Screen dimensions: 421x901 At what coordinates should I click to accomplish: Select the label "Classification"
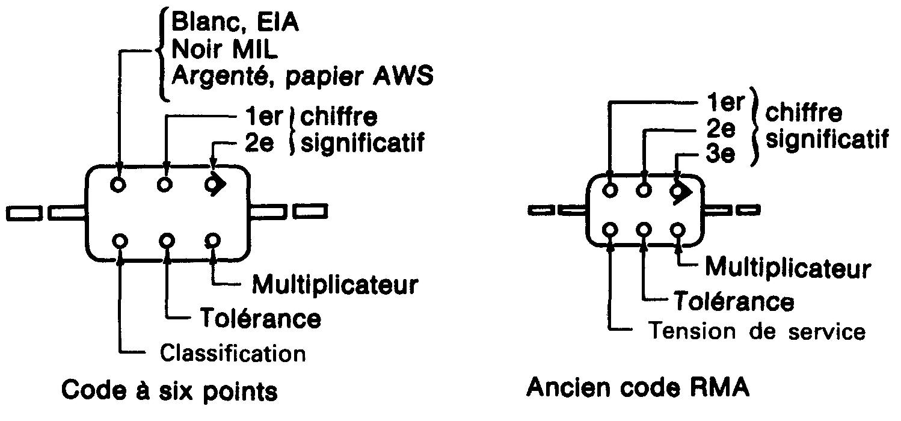coord(232,353)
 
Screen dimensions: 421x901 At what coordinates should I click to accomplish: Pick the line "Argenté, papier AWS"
coord(302,78)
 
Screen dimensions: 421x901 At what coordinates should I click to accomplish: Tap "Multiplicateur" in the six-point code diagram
coord(334,284)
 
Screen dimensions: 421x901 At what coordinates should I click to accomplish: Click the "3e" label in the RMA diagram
coord(721,155)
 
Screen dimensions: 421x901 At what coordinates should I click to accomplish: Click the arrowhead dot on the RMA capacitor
coord(679,191)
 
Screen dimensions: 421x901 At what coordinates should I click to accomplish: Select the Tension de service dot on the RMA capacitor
coord(611,230)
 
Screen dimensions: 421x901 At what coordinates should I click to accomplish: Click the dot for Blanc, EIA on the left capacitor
coord(119,185)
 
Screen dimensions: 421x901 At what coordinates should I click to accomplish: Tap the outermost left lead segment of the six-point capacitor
coord(24,212)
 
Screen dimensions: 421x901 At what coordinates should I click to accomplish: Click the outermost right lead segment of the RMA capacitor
coord(748,209)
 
